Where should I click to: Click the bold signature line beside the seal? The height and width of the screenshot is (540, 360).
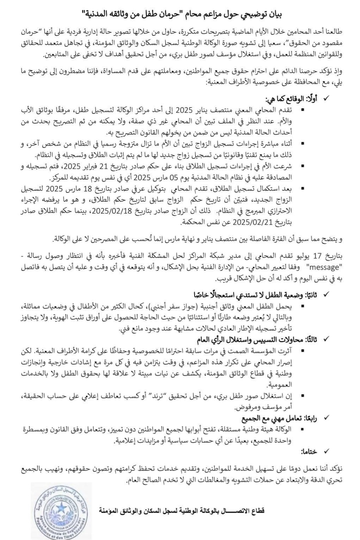(x=182, y=511)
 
